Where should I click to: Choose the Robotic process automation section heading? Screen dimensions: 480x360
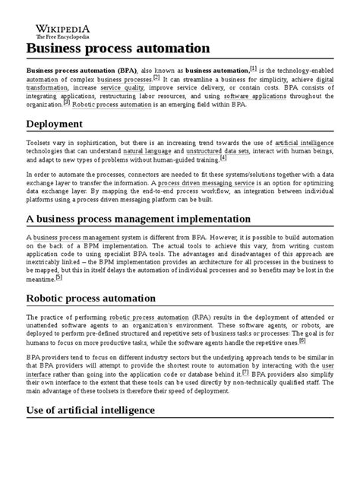pyautogui.click(x=103, y=298)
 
